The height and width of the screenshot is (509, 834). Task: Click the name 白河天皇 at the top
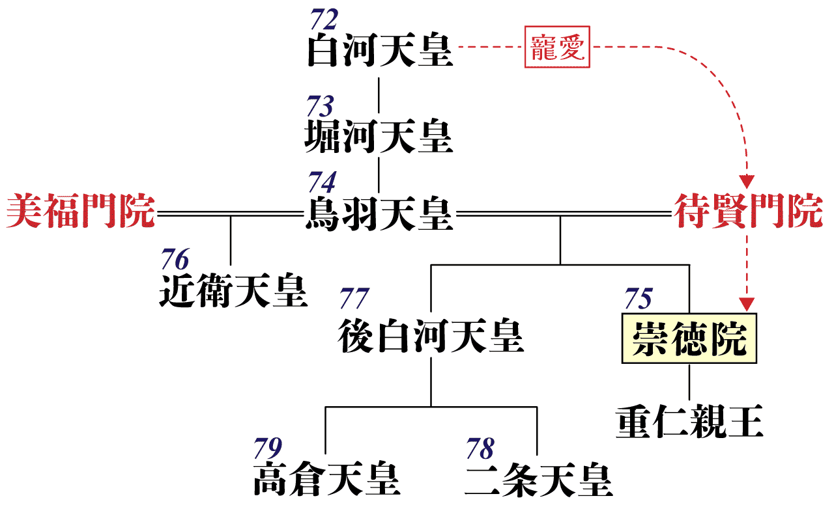(380, 50)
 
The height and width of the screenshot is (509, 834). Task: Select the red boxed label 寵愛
(557, 47)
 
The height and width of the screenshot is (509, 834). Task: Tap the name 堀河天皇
(379, 136)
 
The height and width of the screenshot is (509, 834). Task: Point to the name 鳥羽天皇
(379, 214)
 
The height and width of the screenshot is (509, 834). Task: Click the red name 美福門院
(80, 211)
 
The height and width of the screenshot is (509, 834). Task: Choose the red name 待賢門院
(749, 211)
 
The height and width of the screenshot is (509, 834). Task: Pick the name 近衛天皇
(233, 290)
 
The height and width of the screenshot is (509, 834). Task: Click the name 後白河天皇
(431, 336)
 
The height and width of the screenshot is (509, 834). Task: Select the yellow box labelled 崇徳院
(689, 338)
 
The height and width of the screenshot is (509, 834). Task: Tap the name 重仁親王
(689, 422)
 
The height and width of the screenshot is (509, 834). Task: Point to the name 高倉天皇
(327, 478)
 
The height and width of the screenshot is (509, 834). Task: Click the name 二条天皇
(539, 480)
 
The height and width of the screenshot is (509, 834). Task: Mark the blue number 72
(324, 20)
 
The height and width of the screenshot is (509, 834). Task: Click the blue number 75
(639, 298)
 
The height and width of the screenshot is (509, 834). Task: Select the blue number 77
(354, 298)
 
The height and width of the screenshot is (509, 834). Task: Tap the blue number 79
(268, 448)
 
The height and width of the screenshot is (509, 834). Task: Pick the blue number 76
(175, 259)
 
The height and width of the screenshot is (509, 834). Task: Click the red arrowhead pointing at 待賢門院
(747, 182)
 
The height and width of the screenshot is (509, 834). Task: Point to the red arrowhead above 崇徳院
(747, 305)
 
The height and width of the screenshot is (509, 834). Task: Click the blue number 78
(480, 448)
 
